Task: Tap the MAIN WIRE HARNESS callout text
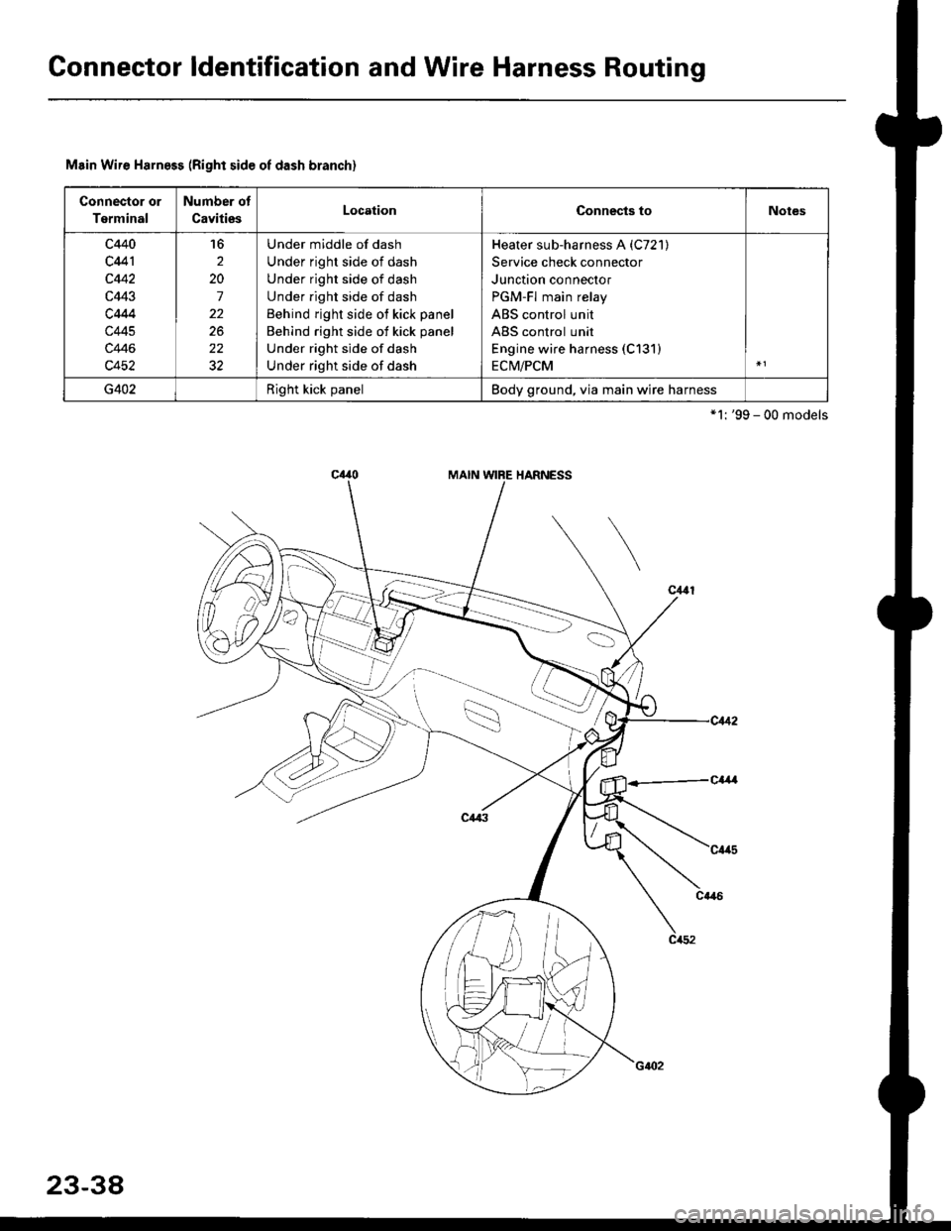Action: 509,476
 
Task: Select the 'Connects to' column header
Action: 614,211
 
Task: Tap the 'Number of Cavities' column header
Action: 217,210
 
